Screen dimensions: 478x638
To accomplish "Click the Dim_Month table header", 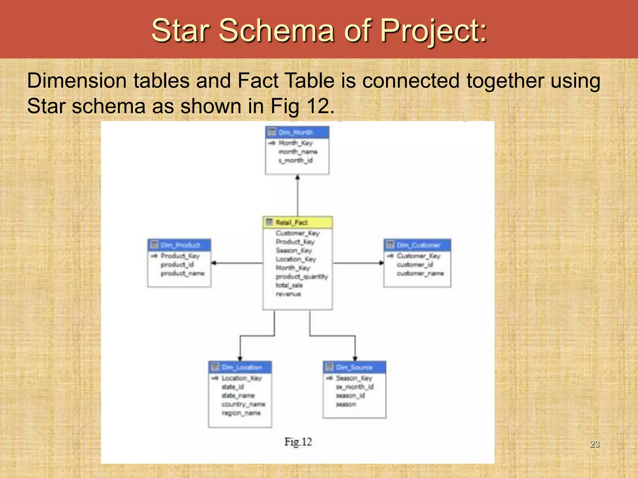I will click(297, 132).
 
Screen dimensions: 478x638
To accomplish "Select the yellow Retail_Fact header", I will click(298, 222).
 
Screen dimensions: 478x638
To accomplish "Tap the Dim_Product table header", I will click(179, 245).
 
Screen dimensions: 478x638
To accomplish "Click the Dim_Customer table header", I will click(417, 245).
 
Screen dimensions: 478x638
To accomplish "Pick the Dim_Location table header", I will click(240, 367).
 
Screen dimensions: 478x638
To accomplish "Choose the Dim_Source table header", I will click(355, 367).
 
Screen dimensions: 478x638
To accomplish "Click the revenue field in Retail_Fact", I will click(288, 294).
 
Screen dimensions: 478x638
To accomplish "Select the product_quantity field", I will click(302, 276).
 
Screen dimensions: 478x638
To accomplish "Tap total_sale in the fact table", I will click(289, 285).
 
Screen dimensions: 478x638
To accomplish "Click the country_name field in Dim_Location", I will click(243, 404).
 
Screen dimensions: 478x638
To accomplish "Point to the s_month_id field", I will click(295, 160).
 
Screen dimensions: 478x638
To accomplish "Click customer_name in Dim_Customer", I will click(420, 273).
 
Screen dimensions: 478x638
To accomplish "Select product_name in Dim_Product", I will click(183, 273).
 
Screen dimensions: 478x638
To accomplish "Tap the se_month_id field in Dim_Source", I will click(355, 387).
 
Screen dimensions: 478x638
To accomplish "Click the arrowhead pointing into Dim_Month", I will click(298, 177).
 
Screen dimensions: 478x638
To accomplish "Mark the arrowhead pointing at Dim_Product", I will click(214, 263).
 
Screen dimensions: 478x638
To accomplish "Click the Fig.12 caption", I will click(298, 442).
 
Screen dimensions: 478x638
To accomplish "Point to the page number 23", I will click(594, 444).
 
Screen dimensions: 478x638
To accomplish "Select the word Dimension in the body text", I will click(77, 81).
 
